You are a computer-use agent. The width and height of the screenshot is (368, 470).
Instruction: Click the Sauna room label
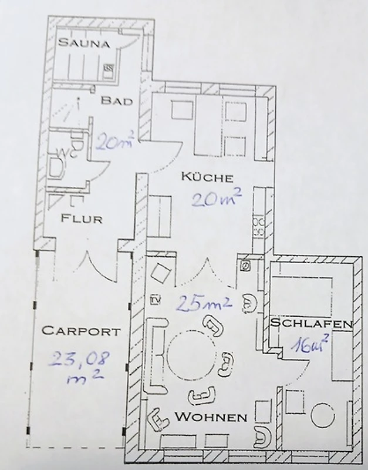click(84, 43)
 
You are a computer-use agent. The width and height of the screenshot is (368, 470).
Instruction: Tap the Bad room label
click(116, 100)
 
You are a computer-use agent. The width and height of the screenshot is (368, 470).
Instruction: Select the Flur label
click(82, 219)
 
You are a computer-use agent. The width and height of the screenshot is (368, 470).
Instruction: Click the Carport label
click(81, 331)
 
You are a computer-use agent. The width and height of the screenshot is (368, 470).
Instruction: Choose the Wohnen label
click(211, 417)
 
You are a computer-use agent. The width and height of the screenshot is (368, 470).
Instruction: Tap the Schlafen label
click(311, 323)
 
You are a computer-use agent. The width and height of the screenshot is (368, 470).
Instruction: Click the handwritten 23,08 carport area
click(79, 367)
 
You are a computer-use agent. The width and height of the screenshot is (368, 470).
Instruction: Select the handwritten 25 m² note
click(204, 303)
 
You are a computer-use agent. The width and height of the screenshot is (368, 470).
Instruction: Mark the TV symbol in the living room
click(156, 299)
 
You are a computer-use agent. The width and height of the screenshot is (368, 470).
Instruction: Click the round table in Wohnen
click(191, 355)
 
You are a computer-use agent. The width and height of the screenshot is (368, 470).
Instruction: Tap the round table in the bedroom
click(322, 416)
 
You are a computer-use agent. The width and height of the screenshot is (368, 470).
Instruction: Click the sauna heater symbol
click(108, 69)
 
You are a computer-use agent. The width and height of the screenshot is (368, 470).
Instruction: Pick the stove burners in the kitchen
click(258, 227)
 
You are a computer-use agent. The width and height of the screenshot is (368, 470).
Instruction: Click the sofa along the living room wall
click(156, 356)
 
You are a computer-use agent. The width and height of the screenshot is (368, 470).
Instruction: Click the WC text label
click(68, 153)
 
